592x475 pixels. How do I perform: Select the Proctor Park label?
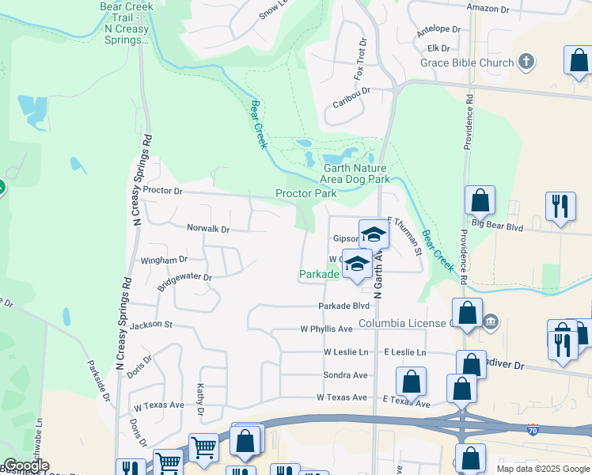point(305,193)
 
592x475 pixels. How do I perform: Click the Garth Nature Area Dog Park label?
point(356,173)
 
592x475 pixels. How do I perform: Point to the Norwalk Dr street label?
point(207,229)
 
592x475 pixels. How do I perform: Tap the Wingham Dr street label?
point(164,260)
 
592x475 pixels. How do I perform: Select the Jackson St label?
point(151,325)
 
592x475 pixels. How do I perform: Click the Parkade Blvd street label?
point(344,306)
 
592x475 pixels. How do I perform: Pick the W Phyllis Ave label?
point(325,329)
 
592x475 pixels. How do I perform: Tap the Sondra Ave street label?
point(345,374)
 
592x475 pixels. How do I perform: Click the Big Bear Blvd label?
point(498,226)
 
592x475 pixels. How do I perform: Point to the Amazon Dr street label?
point(488,9)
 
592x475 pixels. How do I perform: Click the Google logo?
point(25,465)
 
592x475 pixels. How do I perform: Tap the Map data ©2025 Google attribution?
point(542,469)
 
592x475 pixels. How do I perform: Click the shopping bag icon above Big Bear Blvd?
point(480,201)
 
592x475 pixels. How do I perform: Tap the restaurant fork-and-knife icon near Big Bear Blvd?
point(560,206)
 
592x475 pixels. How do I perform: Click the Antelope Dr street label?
point(438,28)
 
